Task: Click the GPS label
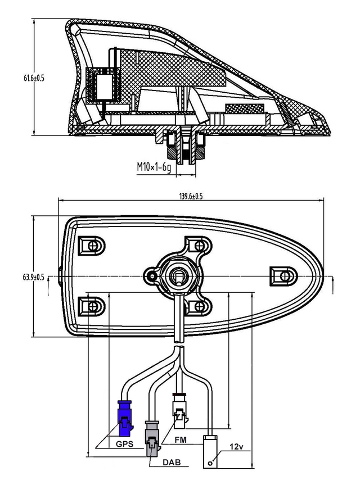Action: pos(124,443)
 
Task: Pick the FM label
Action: pos(181,438)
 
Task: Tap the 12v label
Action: pos(236,448)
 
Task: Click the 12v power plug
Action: pos(211,451)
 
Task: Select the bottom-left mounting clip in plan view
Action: pos(90,305)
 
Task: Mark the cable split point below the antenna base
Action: pos(179,350)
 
